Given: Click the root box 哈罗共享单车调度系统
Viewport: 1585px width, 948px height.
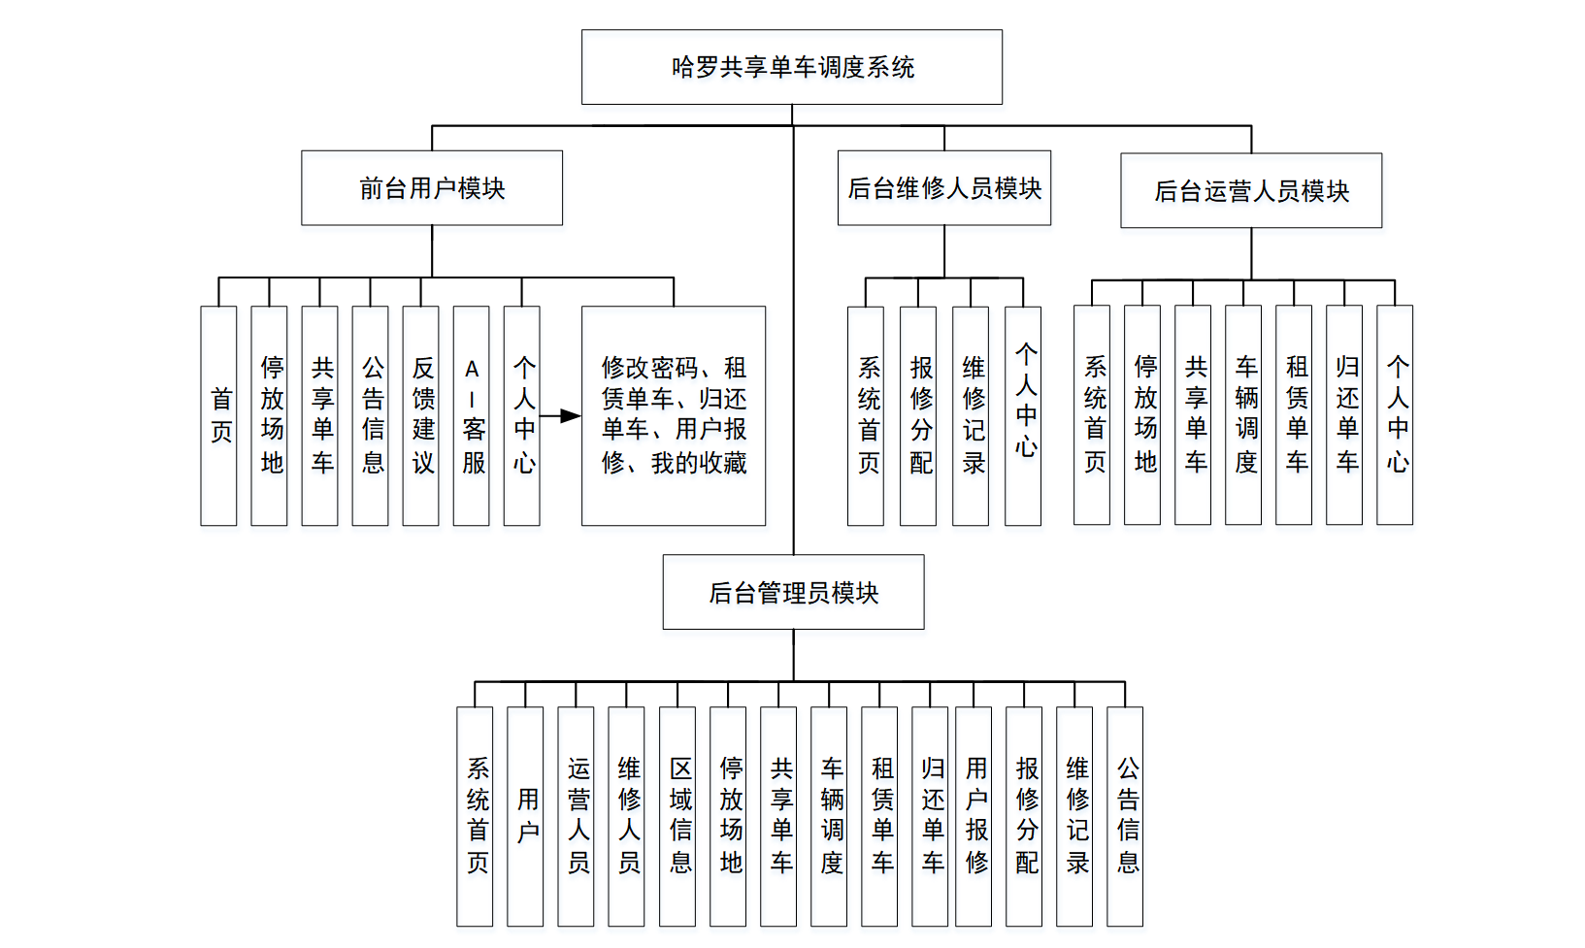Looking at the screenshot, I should coord(791,67).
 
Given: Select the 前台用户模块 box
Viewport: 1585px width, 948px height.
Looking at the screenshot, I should coord(432,188).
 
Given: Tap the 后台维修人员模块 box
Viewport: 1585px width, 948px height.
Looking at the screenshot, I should coord(943,188).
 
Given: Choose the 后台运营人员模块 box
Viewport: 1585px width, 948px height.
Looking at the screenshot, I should coord(1250,191).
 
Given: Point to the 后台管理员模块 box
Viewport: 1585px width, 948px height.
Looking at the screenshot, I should coord(793,592).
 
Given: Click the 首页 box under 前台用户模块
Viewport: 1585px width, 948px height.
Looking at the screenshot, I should coord(218,416).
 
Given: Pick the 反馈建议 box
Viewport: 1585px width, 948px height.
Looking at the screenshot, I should coord(420,416).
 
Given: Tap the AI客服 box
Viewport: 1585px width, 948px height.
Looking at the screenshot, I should coord(471,416).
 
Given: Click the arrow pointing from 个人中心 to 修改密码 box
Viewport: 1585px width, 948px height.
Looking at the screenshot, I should coord(560,416).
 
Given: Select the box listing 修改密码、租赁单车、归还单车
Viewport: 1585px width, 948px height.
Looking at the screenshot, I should coord(673,416).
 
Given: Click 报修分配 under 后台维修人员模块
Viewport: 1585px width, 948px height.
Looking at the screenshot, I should coord(917,416).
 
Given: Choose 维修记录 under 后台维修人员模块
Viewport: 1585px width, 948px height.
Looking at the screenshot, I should coord(970,416).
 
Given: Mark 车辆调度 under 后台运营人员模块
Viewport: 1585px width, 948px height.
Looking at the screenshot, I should coord(1242,415).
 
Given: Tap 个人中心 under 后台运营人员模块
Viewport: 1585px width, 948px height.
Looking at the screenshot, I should coord(1394,415).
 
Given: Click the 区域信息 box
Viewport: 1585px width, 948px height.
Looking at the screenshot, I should coord(677,816).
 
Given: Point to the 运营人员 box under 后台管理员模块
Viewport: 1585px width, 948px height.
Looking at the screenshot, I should coord(576,816).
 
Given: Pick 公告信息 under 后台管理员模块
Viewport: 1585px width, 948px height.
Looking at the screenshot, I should coord(1124,816).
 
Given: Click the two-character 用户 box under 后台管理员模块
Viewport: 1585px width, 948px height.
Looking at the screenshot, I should coord(525,816).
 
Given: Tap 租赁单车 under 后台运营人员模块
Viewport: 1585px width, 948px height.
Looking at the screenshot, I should coord(1293,415).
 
